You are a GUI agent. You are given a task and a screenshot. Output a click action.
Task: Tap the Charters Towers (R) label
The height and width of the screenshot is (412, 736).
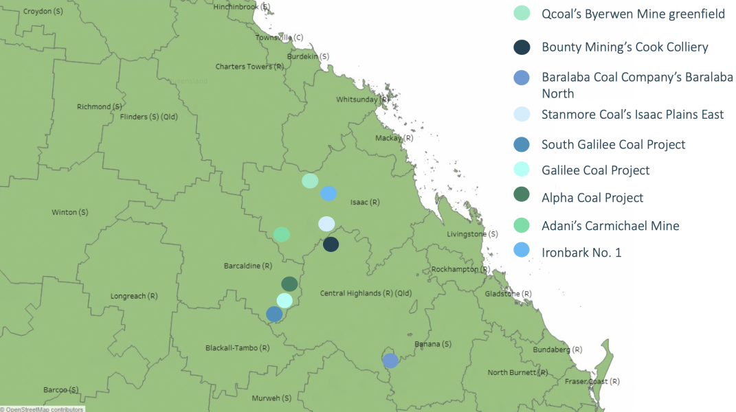(x=249, y=67)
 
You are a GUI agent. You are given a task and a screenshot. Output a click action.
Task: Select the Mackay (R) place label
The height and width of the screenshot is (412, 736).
(x=394, y=138)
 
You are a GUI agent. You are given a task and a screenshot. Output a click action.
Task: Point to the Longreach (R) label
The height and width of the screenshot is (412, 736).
(x=134, y=297)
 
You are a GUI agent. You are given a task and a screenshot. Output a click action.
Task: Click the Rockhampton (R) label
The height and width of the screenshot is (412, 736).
(x=460, y=269)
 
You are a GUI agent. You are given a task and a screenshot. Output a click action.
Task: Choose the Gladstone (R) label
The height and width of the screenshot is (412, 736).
(x=508, y=293)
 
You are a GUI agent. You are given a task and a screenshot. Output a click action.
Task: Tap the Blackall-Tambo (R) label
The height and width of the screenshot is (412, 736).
(x=237, y=348)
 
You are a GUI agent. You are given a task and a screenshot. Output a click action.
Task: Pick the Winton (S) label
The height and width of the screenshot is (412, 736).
(x=70, y=212)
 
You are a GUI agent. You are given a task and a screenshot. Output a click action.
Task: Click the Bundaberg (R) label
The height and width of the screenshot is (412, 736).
(x=556, y=350)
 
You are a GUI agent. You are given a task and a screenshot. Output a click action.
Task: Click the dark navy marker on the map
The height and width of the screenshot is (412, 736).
(x=331, y=244)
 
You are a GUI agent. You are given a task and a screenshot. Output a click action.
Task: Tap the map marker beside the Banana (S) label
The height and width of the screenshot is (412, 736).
(x=390, y=360)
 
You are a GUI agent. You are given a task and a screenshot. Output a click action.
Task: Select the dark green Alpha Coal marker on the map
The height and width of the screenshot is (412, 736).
(x=289, y=284)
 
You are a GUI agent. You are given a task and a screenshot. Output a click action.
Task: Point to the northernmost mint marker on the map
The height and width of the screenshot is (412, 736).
(x=310, y=181)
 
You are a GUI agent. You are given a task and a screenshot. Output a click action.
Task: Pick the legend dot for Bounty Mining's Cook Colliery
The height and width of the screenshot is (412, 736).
(x=522, y=47)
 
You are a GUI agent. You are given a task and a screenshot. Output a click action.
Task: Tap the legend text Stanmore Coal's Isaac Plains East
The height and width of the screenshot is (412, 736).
(x=632, y=114)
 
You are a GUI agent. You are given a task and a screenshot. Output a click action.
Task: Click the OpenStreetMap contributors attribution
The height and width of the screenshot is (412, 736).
(x=43, y=409)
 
